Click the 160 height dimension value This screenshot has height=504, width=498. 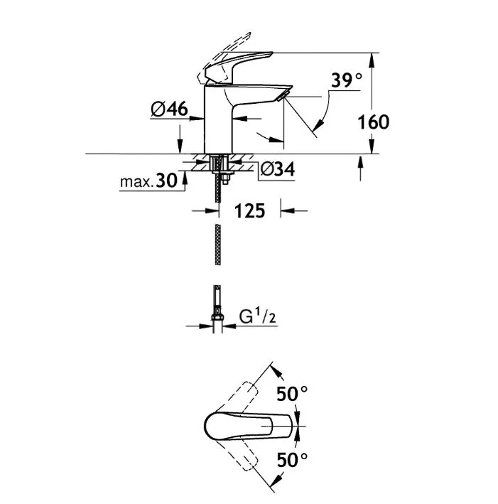(x=374, y=122)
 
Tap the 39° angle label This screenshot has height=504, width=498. (x=347, y=80)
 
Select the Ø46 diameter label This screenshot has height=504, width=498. (x=169, y=109)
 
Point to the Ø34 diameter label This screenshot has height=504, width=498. (x=277, y=169)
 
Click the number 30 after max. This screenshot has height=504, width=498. (x=166, y=181)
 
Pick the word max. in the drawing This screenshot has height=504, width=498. (x=137, y=182)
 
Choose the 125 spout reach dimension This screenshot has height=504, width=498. (x=249, y=211)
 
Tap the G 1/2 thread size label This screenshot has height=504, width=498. (x=257, y=317)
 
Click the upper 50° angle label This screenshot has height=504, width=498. (x=292, y=393)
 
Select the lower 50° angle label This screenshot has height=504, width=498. (x=292, y=460)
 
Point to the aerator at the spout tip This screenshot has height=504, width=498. (x=283, y=96)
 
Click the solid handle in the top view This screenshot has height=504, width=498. (x=249, y=427)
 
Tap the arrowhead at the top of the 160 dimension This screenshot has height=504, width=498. (x=372, y=60)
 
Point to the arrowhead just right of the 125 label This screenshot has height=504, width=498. (x=288, y=211)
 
